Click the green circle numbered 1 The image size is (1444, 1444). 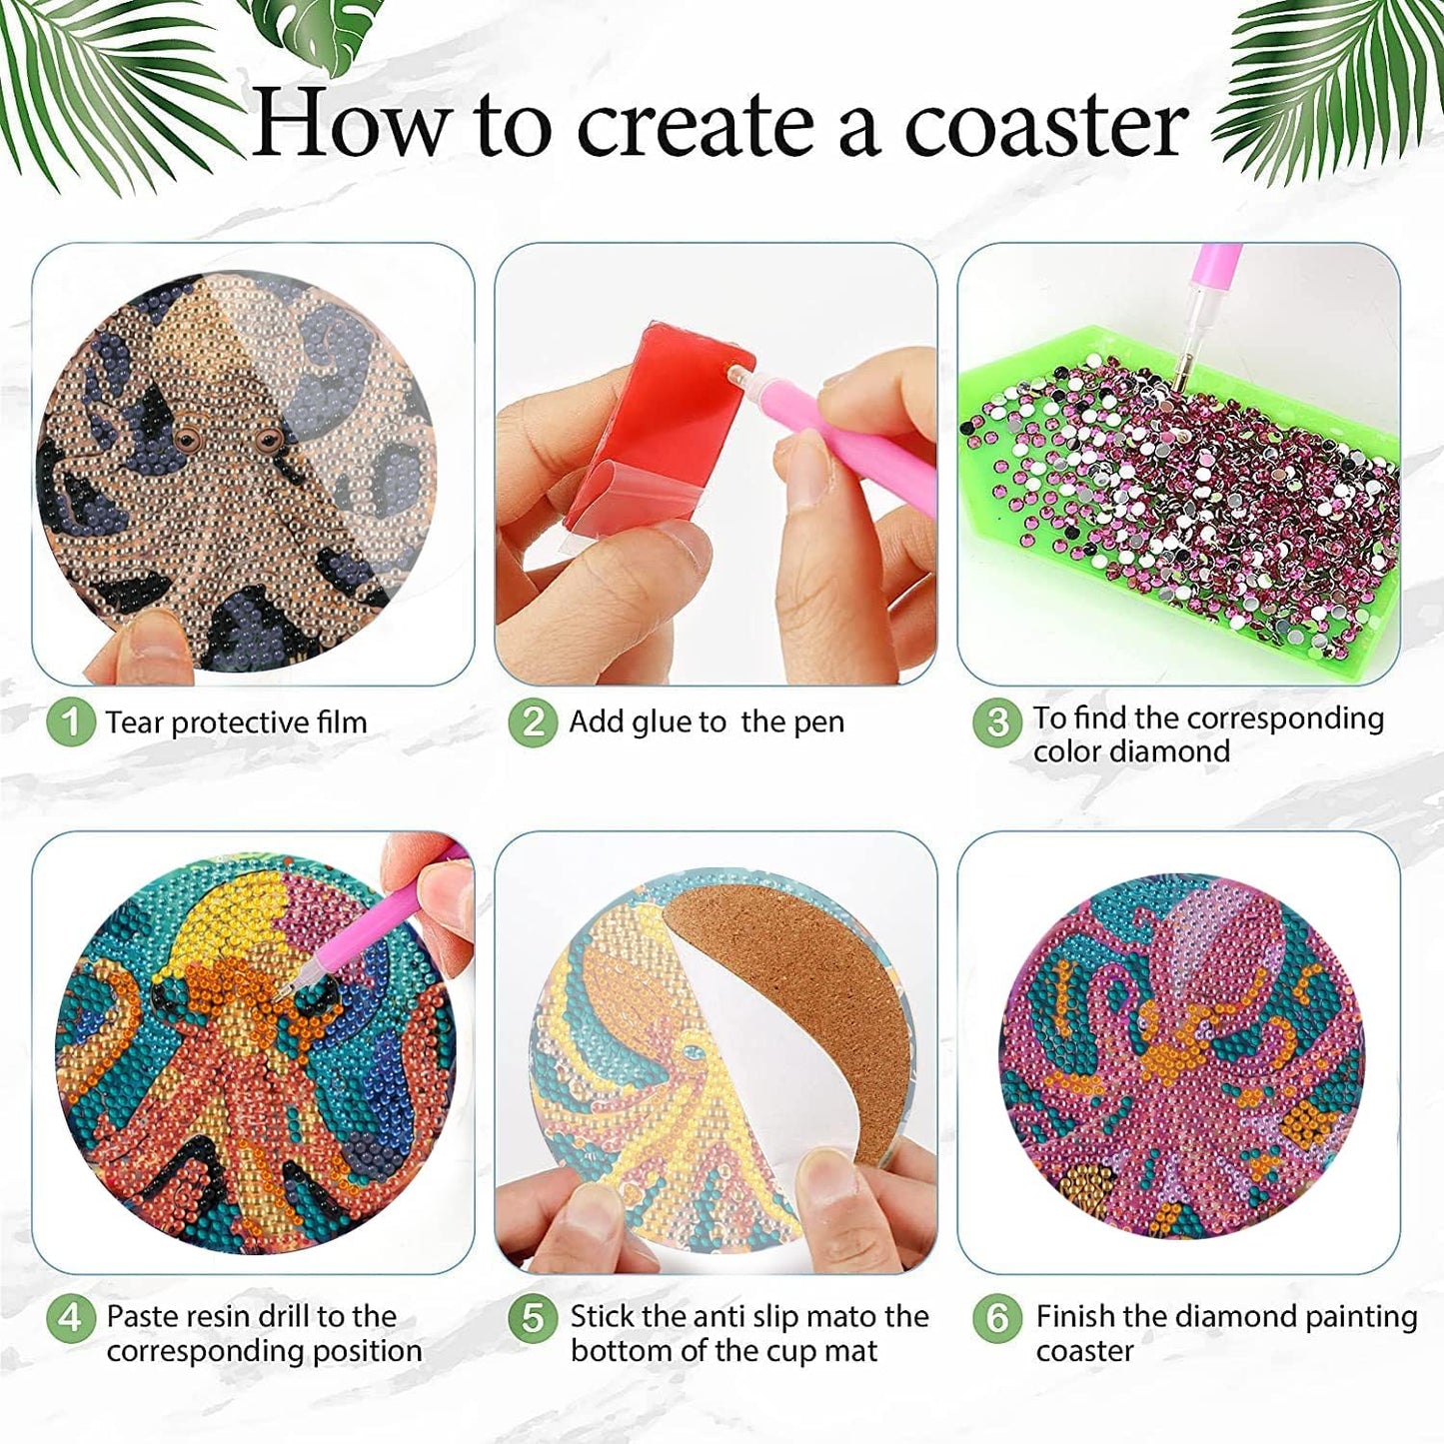click(x=70, y=722)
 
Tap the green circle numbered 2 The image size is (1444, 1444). click(x=533, y=722)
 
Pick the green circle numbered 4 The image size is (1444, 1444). click(x=70, y=1318)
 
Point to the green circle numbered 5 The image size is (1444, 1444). click(x=533, y=1318)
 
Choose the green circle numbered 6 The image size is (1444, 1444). click(x=996, y=1318)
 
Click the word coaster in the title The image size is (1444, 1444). click(x=1045, y=125)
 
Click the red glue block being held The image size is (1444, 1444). click(x=660, y=420)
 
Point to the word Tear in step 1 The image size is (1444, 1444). click(x=136, y=722)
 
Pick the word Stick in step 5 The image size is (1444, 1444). click(x=604, y=1317)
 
